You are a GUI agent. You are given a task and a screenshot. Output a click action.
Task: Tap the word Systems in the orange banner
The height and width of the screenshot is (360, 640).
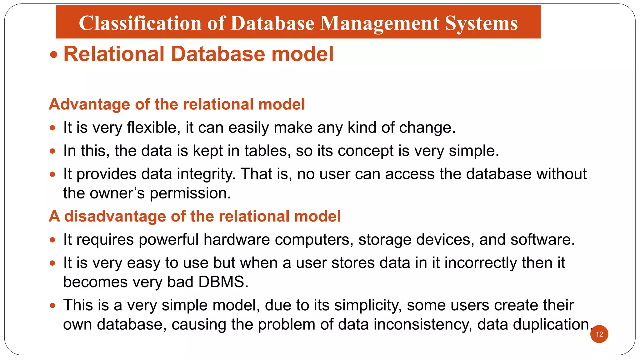(x=481, y=23)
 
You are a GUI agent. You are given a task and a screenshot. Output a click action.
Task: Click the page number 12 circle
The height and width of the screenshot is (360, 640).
(x=599, y=334)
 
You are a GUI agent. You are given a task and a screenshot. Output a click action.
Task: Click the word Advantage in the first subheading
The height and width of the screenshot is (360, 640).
(x=89, y=104)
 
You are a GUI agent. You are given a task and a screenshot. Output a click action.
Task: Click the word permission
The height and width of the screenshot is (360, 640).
(x=190, y=193)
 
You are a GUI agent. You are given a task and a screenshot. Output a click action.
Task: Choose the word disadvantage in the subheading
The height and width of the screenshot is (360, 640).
(x=115, y=216)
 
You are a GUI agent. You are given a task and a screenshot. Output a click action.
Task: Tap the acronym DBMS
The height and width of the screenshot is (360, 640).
(x=223, y=282)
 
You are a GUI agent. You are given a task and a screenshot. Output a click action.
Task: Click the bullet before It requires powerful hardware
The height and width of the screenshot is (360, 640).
(x=52, y=240)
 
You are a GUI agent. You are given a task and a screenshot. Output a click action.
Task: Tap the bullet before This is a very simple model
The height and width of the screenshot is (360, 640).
(x=52, y=305)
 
